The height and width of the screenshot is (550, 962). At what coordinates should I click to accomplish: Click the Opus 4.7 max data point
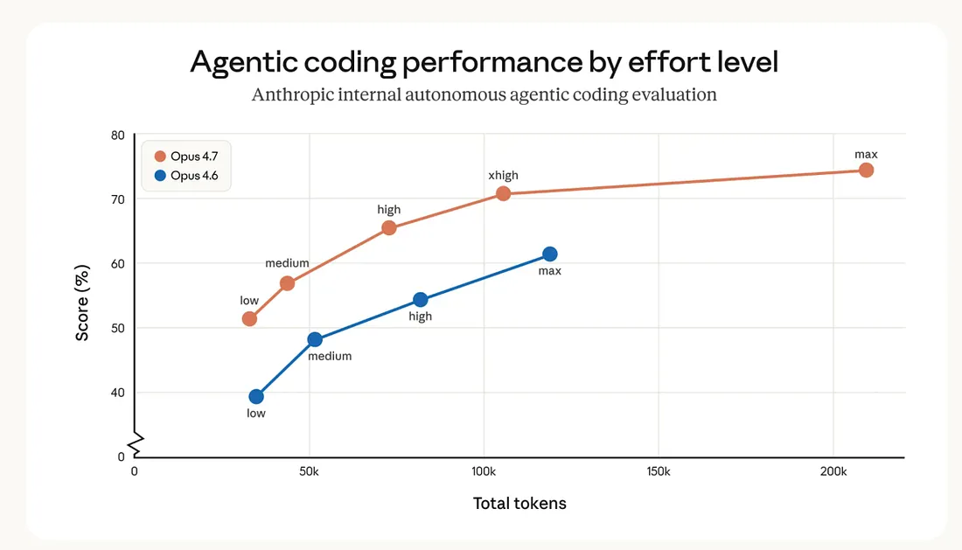point(866,170)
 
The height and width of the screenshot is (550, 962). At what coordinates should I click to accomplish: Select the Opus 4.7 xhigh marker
point(503,193)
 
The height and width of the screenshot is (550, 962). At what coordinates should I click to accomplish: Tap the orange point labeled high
point(389,228)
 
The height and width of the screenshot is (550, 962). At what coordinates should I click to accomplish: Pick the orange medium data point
point(287,283)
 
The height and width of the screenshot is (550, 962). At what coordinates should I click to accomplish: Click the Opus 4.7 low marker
point(249,318)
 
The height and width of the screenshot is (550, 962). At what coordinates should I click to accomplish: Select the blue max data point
point(549,254)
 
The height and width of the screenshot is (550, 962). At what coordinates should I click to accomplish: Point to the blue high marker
point(421,300)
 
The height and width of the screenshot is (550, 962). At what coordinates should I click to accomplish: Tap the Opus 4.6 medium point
point(315,339)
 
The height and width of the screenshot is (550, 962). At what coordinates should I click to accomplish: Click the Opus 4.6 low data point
point(256,396)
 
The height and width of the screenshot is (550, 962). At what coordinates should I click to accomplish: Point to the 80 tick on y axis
point(118,135)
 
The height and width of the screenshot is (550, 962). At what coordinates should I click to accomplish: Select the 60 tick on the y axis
point(118,263)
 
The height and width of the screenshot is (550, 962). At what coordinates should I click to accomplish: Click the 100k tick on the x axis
point(484,471)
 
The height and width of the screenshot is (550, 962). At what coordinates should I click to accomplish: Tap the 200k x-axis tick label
point(833,471)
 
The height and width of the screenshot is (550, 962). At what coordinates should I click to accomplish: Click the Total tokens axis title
point(519,504)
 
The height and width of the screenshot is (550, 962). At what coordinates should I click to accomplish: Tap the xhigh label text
point(503,176)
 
